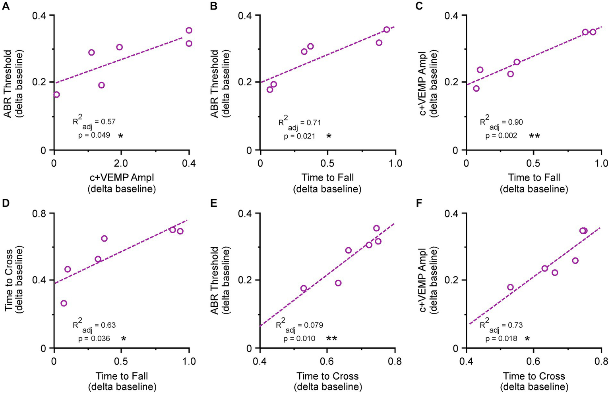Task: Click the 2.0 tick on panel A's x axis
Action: click(x=121, y=163)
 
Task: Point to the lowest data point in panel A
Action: click(x=56, y=94)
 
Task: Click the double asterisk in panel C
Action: click(x=534, y=136)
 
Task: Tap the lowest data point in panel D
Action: click(x=64, y=303)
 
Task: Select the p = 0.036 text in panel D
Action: click(x=94, y=338)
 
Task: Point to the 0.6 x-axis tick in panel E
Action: click(x=327, y=361)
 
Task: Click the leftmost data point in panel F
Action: click(x=510, y=287)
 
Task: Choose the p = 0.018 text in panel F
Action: click(x=501, y=338)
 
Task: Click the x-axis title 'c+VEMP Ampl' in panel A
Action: click(x=122, y=177)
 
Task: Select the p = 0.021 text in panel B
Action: click(x=299, y=136)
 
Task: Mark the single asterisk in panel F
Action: click(x=527, y=338)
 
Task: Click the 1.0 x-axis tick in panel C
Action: click(x=601, y=163)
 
